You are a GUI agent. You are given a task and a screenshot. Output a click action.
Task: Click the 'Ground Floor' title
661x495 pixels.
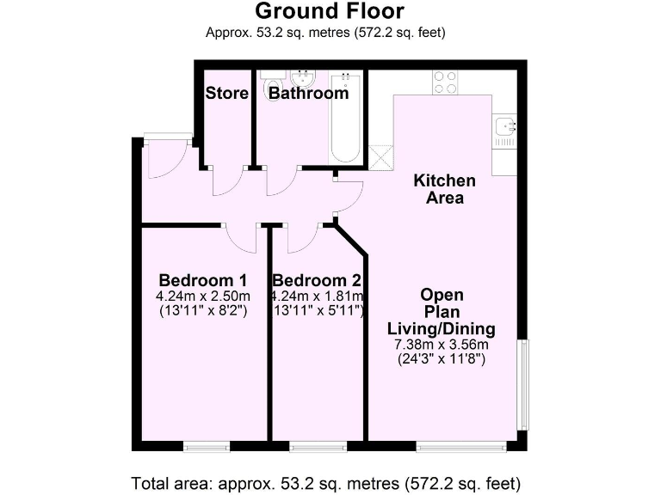[x=330, y=11]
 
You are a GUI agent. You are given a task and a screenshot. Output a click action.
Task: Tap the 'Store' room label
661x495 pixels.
[x=226, y=93]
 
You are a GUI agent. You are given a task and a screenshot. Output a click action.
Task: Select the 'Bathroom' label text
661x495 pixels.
[x=308, y=93]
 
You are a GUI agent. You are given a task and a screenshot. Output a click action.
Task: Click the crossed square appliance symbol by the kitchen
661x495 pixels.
[x=380, y=156]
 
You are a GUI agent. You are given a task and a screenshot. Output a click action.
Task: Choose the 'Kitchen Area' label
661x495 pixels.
[x=444, y=189]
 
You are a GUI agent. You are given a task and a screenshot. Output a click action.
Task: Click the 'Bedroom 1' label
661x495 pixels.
[x=203, y=280]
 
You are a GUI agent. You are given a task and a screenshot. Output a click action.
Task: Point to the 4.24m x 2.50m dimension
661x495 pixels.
[x=203, y=296]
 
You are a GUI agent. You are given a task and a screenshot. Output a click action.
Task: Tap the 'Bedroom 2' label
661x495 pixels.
[x=316, y=280]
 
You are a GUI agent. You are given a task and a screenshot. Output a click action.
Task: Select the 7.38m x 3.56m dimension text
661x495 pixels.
[x=441, y=345]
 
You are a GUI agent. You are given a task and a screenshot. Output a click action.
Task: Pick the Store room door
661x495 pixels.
[x=225, y=180]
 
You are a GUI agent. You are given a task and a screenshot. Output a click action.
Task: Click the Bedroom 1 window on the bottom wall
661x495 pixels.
[x=207, y=446]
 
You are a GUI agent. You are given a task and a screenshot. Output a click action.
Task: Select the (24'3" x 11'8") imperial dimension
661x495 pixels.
[x=441, y=360]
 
